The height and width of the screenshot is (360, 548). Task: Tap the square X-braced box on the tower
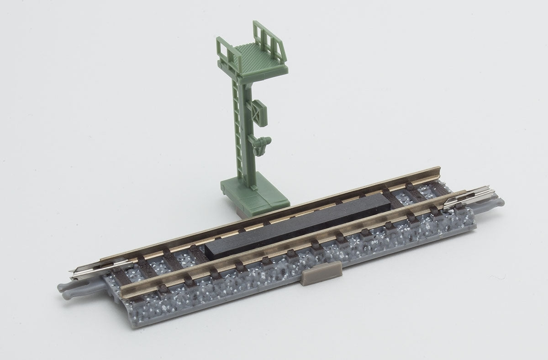click(258, 111)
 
